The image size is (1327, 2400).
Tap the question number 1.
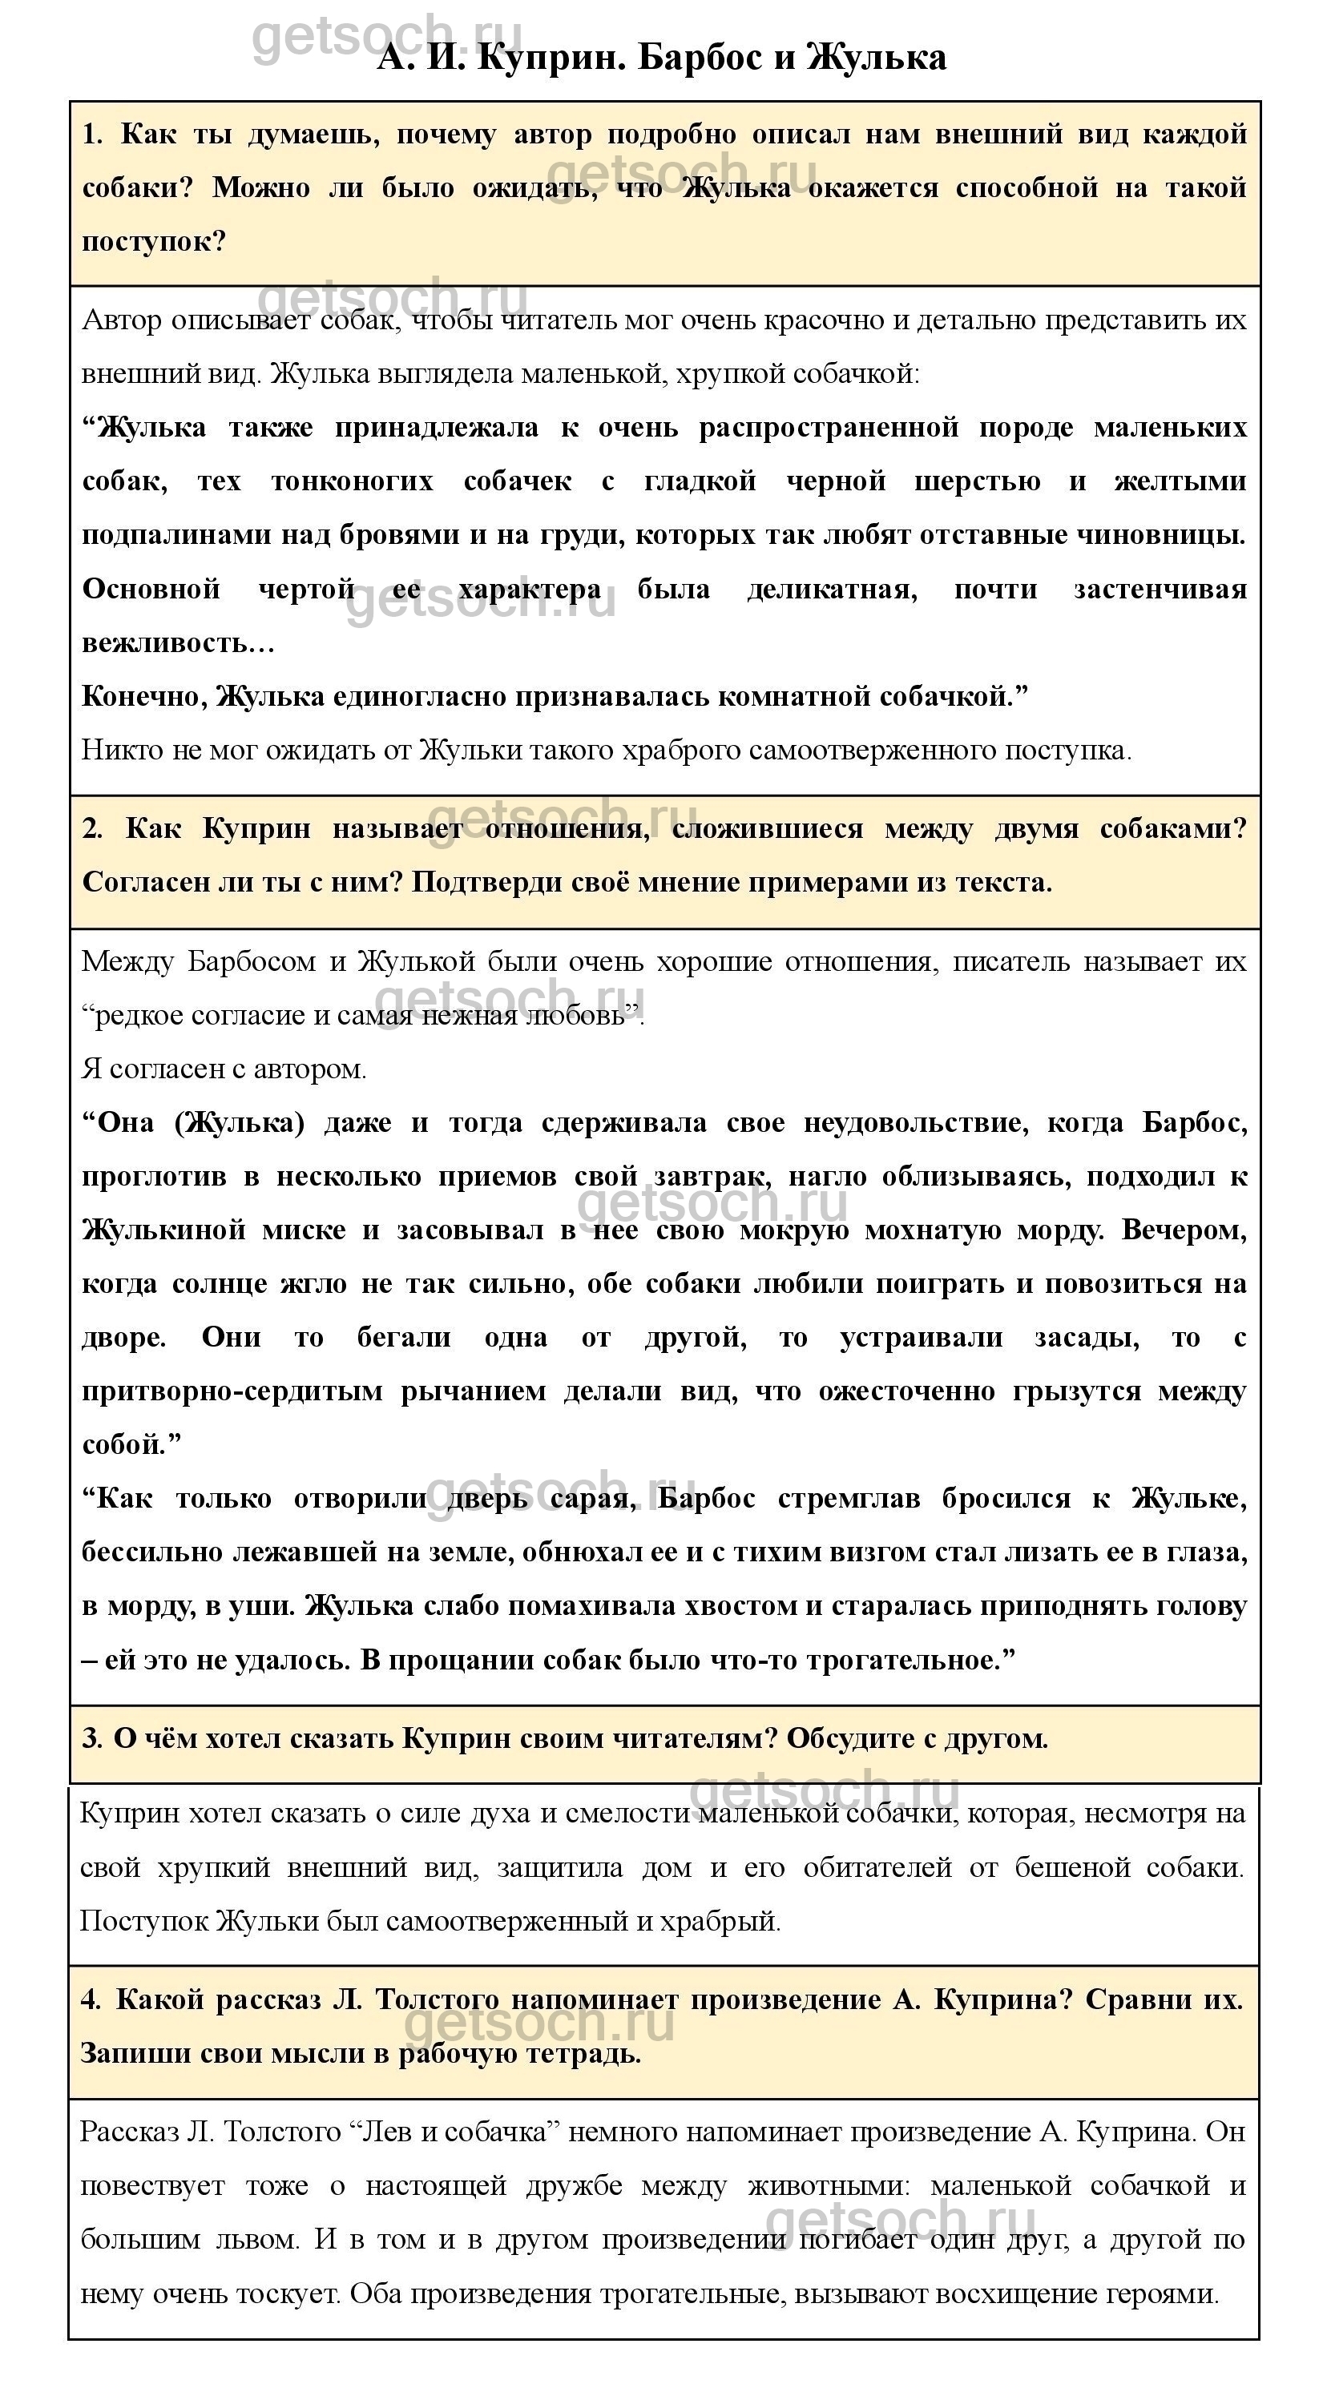point(92,135)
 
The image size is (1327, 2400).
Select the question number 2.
point(92,829)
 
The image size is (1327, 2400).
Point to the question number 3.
point(91,1738)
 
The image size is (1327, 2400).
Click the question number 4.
point(91,1999)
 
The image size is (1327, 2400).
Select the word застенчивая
point(1160,590)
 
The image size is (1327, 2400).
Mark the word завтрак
point(711,1177)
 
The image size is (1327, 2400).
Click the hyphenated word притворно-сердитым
point(232,1392)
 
